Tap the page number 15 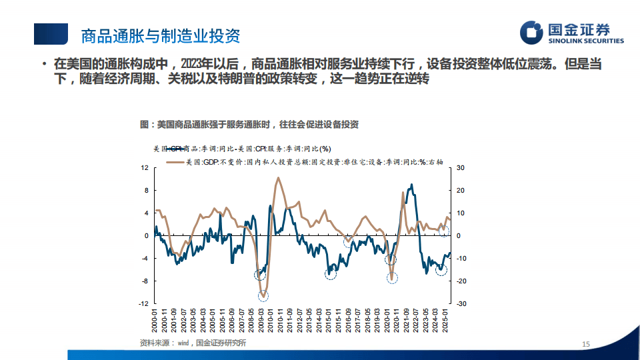click(x=586, y=344)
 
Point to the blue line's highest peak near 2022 click(x=411, y=185)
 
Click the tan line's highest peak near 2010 click(x=277, y=178)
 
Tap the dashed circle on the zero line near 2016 click(x=348, y=241)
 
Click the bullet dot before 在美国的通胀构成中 click(x=43, y=65)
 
